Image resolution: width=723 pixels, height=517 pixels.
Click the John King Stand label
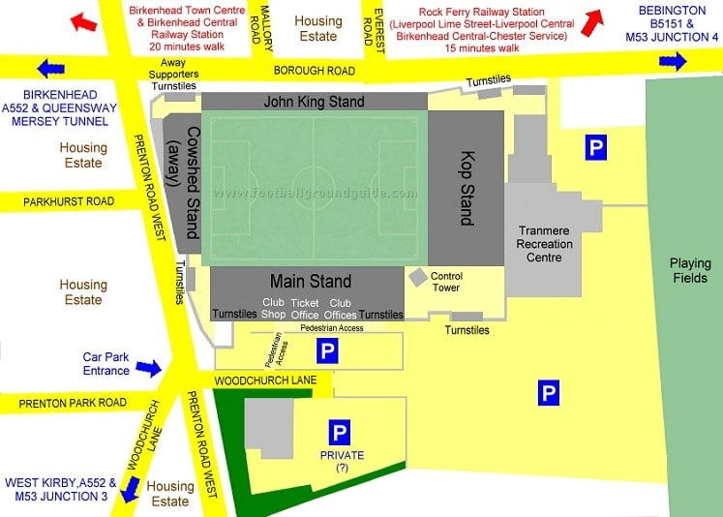(x=315, y=102)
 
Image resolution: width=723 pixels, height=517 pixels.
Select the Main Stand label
(x=310, y=282)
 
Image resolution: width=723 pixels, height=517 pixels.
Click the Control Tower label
(x=446, y=282)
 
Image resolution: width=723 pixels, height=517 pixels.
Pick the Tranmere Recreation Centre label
(x=545, y=244)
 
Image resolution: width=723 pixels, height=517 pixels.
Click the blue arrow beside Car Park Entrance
(x=148, y=368)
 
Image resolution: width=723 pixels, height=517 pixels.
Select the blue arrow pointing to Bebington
(x=673, y=62)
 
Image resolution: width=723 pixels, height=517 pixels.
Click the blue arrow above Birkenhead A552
(x=51, y=69)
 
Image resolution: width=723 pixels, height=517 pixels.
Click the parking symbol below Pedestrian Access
(x=327, y=351)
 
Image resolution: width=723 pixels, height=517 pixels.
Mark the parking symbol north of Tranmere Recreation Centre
(x=596, y=148)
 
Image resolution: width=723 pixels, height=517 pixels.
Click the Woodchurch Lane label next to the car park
(x=252, y=381)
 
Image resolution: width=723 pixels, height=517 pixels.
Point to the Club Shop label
(x=273, y=308)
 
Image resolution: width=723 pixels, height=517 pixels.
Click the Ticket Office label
(x=304, y=308)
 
